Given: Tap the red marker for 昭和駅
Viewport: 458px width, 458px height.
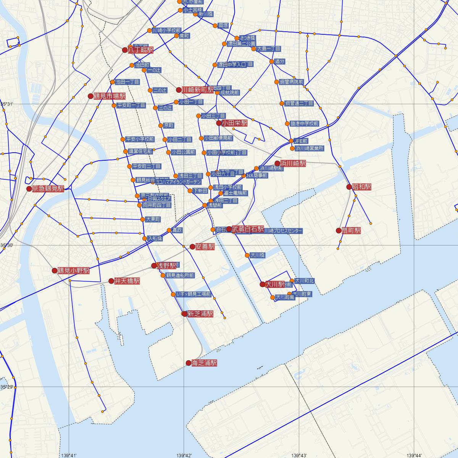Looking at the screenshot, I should point(349,187).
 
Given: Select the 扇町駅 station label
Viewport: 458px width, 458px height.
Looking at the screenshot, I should point(351,231).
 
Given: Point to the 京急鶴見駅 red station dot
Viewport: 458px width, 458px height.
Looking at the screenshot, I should point(29,189).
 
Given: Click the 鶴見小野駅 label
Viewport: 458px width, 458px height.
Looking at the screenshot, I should point(73,271).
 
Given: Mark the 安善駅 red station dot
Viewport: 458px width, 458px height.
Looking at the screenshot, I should point(192,247).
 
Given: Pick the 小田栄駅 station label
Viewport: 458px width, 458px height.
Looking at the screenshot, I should point(235,123).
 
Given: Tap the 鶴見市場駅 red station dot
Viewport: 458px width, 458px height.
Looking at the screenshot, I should point(90,96).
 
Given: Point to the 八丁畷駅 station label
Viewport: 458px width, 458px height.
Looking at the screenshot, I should point(140,50).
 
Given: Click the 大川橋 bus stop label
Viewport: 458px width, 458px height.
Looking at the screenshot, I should point(258,255).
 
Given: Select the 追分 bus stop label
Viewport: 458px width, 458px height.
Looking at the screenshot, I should point(280,61).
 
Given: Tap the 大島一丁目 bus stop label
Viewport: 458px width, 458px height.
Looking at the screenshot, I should point(268,49).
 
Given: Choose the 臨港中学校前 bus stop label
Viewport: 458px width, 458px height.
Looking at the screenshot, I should point(304,124).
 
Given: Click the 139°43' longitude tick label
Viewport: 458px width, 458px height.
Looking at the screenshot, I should point(299,455).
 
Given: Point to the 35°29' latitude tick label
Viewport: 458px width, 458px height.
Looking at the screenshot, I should point(7,387).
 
